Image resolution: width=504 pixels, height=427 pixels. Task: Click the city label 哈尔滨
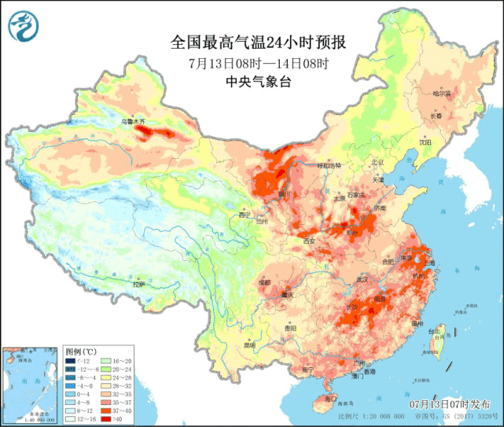(x=443, y=93)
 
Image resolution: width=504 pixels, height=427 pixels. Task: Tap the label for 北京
(x=377, y=162)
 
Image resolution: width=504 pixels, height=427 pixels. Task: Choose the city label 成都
(x=263, y=282)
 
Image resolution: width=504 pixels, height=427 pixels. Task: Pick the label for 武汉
(x=362, y=278)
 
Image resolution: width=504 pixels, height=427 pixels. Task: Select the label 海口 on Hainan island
(x=324, y=400)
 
